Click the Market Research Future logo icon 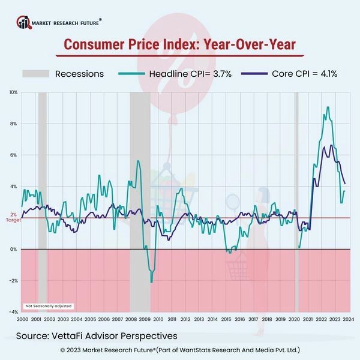click(24, 23)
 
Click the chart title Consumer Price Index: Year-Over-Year click(180, 45)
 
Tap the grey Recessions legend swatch click(35, 74)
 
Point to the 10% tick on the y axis click(13, 92)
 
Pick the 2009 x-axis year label click(145, 319)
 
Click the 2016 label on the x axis click(240, 319)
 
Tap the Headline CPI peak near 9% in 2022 click(327, 107)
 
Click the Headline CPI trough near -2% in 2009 click(151, 282)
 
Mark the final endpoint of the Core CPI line click(344, 184)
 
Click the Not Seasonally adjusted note click(44, 306)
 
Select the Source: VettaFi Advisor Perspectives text click(97, 335)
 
